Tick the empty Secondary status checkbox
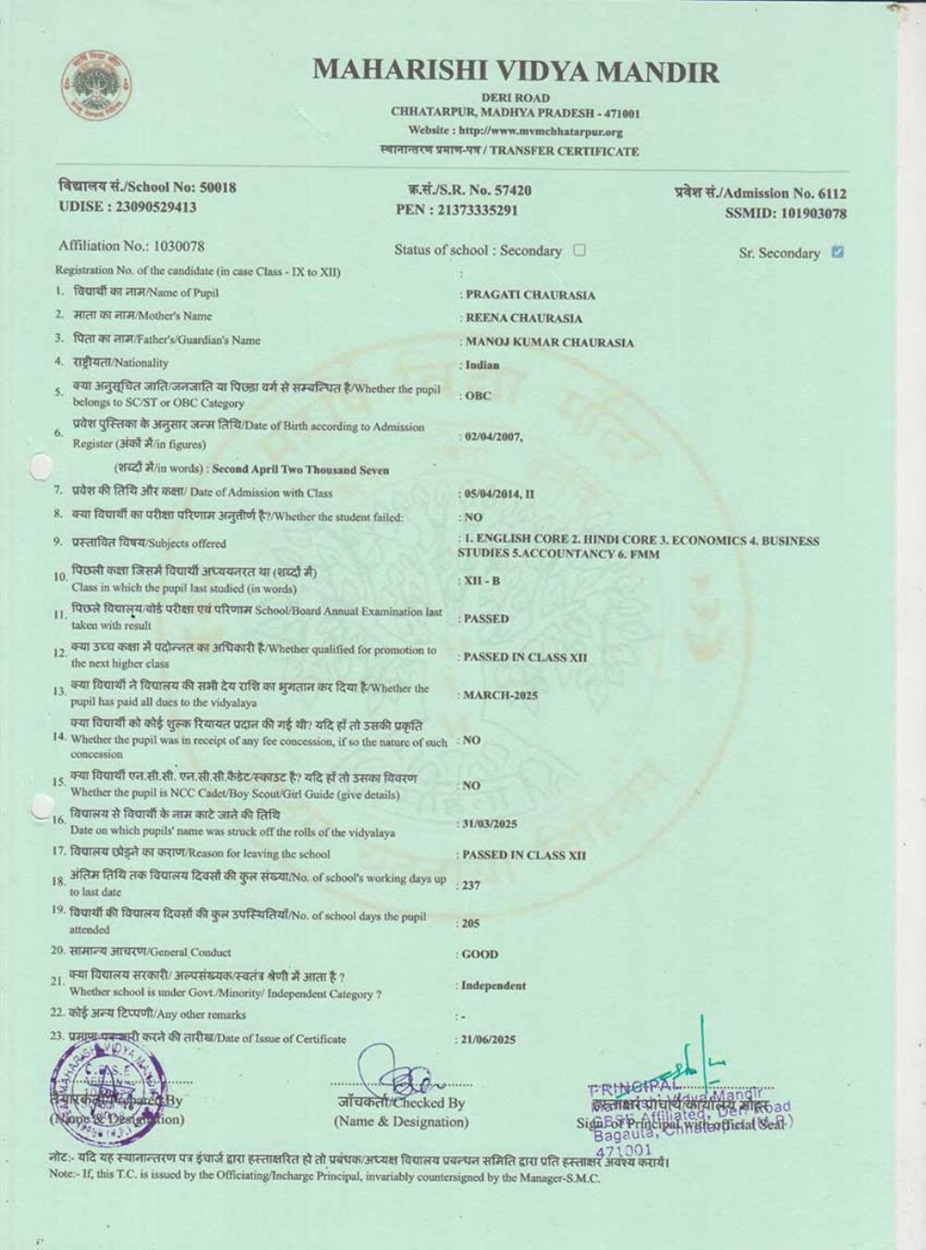pyautogui.click(x=580, y=250)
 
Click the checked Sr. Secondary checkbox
pyautogui.click(x=837, y=252)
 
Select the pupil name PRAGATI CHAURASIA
pyautogui.click(x=530, y=295)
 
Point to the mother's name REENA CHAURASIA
pyautogui.click(x=523, y=319)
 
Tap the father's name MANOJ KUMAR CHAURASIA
pyautogui.click(x=549, y=343)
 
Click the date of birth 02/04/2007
pyautogui.click(x=494, y=436)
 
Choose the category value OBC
pyautogui.click(x=478, y=395)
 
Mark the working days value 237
pyautogui.click(x=471, y=885)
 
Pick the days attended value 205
pyautogui.click(x=471, y=923)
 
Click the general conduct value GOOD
pyautogui.click(x=480, y=954)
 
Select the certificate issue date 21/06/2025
pyautogui.click(x=489, y=1040)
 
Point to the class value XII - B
pyautogui.click(x=482, y=581)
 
